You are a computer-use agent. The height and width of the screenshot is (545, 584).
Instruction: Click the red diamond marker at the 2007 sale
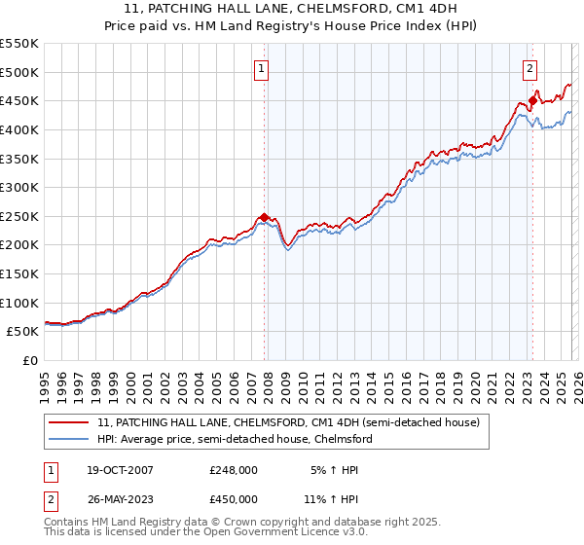pos(264,217)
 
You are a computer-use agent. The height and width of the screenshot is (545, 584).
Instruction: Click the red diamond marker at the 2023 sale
pos(532,100)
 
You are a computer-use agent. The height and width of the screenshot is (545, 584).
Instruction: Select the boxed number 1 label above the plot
pos(264,68)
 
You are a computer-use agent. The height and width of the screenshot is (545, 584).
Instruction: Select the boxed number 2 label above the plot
pos(530,68)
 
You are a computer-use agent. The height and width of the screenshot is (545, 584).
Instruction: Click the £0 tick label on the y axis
pos(30,360)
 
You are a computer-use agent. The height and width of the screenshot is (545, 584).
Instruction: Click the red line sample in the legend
pos(69,423)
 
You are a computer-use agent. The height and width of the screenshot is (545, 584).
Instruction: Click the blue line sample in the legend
pos(69,440)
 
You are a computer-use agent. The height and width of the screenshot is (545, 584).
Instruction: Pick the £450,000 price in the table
pos(233,500)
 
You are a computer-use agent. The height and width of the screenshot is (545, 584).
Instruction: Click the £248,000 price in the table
pos(233,469)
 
